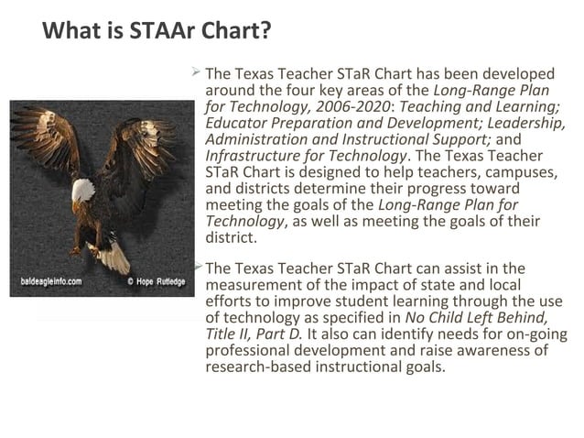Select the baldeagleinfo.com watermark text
click(x=51, y=281)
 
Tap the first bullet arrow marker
click(x=196, y=71)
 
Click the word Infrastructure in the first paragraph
click(x=253, y=156)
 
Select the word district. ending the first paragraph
click(x=231, y=238)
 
